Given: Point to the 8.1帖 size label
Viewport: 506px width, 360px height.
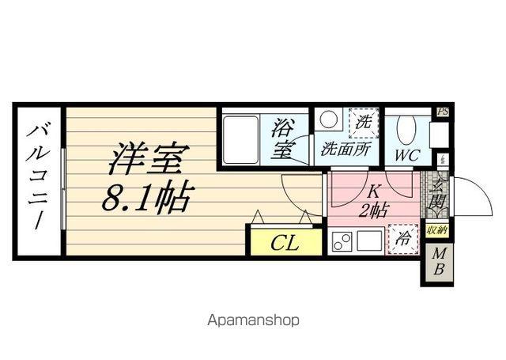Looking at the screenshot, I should (146, 198).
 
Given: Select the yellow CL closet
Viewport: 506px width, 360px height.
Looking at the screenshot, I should (285, 243).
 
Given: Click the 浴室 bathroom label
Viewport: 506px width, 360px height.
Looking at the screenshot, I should (282, 138).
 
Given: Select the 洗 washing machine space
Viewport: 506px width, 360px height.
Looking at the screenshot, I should (364, 123).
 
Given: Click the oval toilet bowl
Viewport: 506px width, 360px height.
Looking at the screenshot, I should (406, 128).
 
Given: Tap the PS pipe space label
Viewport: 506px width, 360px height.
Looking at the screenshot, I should (443, 112).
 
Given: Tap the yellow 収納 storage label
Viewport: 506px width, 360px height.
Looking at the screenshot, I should (436, 231).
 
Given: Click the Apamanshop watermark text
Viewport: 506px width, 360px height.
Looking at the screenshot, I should (253, 321).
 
